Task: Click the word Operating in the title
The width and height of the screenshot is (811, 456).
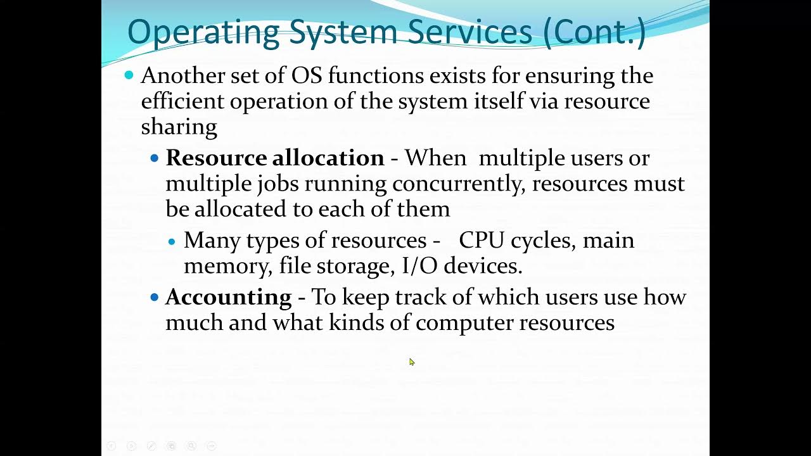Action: coord(202,32)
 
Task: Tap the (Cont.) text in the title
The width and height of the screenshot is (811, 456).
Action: coord(594,32)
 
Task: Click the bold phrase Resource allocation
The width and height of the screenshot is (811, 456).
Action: coord(275,158)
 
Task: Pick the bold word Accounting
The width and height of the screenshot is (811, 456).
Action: coord(228,297)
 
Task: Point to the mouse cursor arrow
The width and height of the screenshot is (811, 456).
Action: coord(411,362)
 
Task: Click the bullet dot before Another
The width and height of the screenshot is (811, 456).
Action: coord(129,75)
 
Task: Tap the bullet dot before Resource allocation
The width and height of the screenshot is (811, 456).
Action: coord(155,158)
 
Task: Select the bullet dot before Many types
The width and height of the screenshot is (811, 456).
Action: coord(173,241)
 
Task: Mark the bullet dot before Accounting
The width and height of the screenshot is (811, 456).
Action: coord(155,297)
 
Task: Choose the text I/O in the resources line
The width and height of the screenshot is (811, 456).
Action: coord(419,266)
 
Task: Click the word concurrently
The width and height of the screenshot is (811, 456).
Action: coord(459,184)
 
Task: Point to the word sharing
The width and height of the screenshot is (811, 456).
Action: coord(179,127)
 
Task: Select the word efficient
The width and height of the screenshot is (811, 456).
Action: coord(182,101)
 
